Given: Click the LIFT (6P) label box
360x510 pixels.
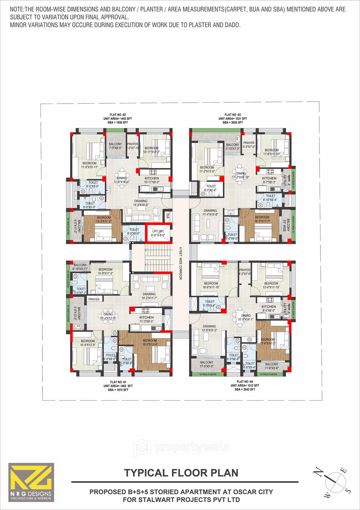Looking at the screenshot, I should pos(158,233).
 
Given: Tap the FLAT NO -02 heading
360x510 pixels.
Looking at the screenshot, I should pos(120,114).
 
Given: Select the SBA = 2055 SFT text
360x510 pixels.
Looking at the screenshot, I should pos(232,122).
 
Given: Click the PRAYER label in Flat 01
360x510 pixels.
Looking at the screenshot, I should pos(94,299).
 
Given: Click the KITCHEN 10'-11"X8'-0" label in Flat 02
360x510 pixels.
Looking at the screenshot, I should pos(151,180).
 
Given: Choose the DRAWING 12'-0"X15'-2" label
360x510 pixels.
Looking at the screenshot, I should pos(209,328).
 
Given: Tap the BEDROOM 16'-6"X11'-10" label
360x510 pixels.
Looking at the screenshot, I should pos(211,285).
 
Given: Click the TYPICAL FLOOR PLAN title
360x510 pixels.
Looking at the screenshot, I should pos(181,472).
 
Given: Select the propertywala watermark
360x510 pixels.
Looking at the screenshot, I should pos(181,447).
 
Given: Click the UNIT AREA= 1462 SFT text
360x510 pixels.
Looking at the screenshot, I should pos(118,386).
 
